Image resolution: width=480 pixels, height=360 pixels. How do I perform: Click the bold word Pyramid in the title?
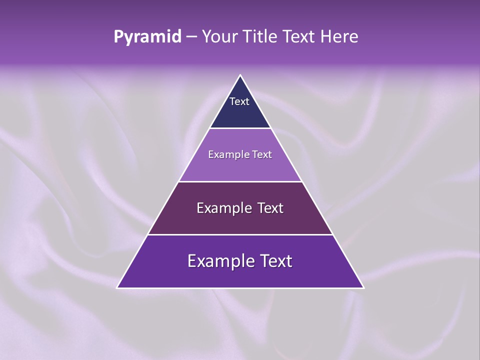click(x=147, y=37)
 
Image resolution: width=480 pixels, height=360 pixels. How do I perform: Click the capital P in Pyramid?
click(x=118, y=37)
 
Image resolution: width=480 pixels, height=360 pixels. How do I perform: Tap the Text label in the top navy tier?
click(x=239, y=101)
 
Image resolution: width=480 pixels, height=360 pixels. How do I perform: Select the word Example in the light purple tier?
click(x=227, y=154)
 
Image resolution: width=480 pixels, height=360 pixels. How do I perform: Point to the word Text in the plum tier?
click(x=270, y=208)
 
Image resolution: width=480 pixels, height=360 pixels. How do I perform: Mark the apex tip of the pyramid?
click(x=240, y=75)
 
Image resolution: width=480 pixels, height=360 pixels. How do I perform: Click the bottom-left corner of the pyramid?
click(x=117, y=287)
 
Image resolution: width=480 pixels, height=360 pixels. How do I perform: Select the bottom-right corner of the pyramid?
click(x=363, y=287)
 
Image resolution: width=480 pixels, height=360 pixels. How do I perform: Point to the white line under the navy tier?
click(x=240, y=128)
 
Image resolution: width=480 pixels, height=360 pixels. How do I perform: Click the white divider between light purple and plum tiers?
click(x=240, y=181)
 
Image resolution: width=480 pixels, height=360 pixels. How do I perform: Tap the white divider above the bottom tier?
click(x=240, y=234)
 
